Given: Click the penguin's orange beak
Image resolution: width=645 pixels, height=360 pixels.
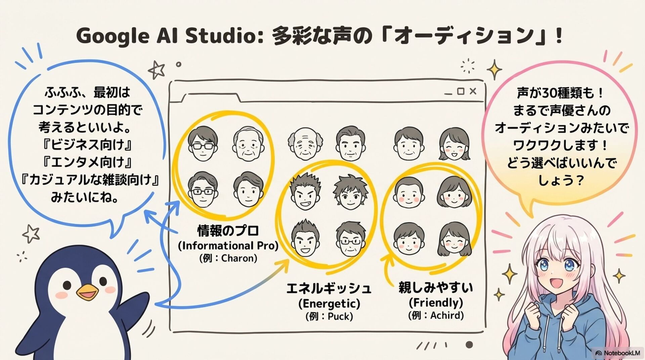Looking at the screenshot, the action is coord(88,293).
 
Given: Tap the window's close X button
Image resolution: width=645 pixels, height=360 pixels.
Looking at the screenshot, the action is coord(473,91).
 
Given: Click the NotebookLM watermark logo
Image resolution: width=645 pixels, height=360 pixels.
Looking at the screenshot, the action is coord(599,353).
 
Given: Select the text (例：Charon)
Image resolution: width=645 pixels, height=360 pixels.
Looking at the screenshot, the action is coord(228,258).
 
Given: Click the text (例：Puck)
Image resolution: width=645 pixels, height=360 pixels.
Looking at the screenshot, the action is coord(329,316).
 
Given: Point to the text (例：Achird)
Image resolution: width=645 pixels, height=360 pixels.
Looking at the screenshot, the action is coord(436,315).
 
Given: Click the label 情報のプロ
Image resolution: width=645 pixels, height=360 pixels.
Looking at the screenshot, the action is coord(228,231).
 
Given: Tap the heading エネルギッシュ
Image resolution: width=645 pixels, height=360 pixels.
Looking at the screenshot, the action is coord(329,288).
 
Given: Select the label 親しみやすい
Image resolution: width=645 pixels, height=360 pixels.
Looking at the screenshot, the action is coord(436,287).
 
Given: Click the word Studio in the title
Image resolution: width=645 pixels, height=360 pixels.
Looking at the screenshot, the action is coord(221,36).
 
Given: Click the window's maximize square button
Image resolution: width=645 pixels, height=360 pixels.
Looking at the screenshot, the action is coord(461,91).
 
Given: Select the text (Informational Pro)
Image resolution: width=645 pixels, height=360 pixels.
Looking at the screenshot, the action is coord(228,245).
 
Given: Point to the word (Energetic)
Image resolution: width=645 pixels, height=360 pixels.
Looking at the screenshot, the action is coord(329,303).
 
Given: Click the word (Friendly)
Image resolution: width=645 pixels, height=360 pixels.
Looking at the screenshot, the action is coord(436,303).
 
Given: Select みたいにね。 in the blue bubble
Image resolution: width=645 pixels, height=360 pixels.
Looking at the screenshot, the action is coord(84,197).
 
